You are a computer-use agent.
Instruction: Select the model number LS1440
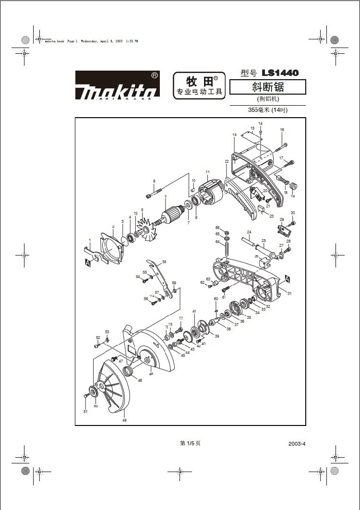(280, 73)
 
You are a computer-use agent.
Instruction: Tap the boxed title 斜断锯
(267, 87)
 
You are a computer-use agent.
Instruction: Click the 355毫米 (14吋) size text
(267, 110)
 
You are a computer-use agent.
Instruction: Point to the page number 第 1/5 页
(190, 443)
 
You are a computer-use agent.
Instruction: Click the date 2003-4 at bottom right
(297, 444)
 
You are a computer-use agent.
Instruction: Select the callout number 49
(124, 420)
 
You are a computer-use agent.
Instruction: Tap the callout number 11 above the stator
(207, 172)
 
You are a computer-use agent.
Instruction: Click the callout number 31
(289, 293)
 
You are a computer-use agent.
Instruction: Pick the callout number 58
(164, 262)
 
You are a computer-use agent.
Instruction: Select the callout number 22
(227, 161)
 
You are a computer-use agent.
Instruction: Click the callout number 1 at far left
(89, 240)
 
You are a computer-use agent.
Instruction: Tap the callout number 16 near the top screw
(282, 130)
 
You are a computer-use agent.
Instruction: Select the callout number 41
(194, 312)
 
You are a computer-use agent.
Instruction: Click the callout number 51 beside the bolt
(85, 412)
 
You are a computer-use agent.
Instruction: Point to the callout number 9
(154, 181)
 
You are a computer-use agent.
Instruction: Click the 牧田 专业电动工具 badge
(198, 85)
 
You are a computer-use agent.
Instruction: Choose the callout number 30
(293, 213)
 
